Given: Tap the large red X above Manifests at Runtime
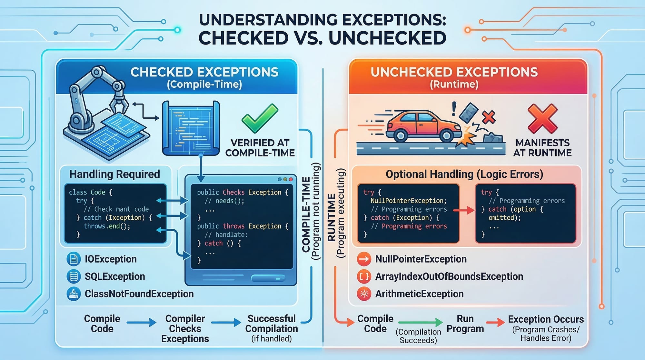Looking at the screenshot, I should tap(542, 118).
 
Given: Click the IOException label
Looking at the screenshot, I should tap(111, 259).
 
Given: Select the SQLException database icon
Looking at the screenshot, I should tap(73, 276).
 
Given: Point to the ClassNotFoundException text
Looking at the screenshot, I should tap(139, 294).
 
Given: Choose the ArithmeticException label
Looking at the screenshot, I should tap(419, 294).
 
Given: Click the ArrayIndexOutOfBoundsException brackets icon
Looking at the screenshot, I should tap(364, 276).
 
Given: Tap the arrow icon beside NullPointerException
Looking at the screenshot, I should tap(364, 259).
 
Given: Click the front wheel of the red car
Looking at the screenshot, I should tap(447, 135).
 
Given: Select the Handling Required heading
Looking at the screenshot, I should tap(114, 174).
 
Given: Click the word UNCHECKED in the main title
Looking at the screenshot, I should tap(387, 38).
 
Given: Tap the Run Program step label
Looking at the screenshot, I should tap(465, 324).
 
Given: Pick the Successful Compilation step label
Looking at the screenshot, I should tap(272, 324).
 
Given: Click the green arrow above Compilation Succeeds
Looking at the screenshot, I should tap(420, 322).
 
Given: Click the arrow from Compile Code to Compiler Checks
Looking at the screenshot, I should tap(141, 322).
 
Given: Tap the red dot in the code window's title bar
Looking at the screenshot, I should tap(291, 179).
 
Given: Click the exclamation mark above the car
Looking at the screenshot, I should tap(454, 109).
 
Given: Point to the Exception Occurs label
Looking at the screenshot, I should tap(546, 319).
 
